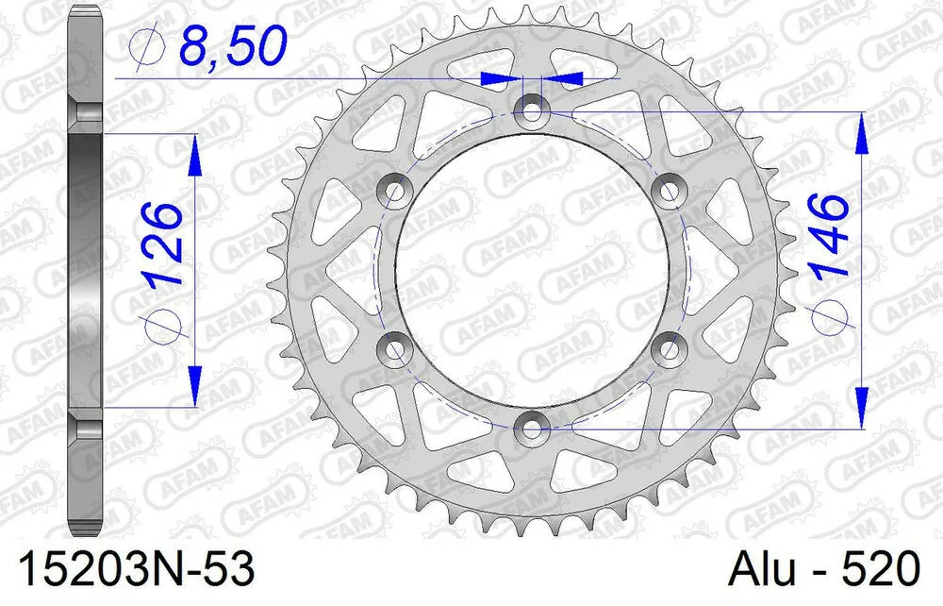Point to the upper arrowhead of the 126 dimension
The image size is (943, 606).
point(195,156)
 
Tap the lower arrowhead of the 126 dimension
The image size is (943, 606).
point(195,383)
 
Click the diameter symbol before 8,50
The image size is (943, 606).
point(151,47)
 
